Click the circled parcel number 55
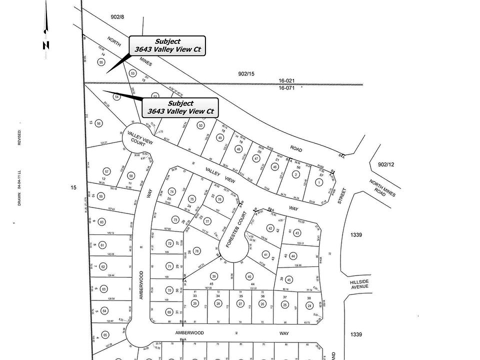(x=101, y=62)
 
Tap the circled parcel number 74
(x=172, y=191)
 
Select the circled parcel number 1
(x=318, y=182)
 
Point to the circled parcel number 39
(x=214, y=276)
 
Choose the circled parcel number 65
(x=105, y=335)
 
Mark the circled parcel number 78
(x=197, y=251)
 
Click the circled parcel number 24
(x=309, y=305)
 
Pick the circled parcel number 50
(x=200, y=125)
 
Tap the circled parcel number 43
(x=297, y=233)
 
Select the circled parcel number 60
(x=101, y=222)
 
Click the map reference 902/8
(x=117, y=16)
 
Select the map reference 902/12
(x=386, y=164)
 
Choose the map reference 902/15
(x=246, y=73)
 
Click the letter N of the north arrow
(x=46, y=45)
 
